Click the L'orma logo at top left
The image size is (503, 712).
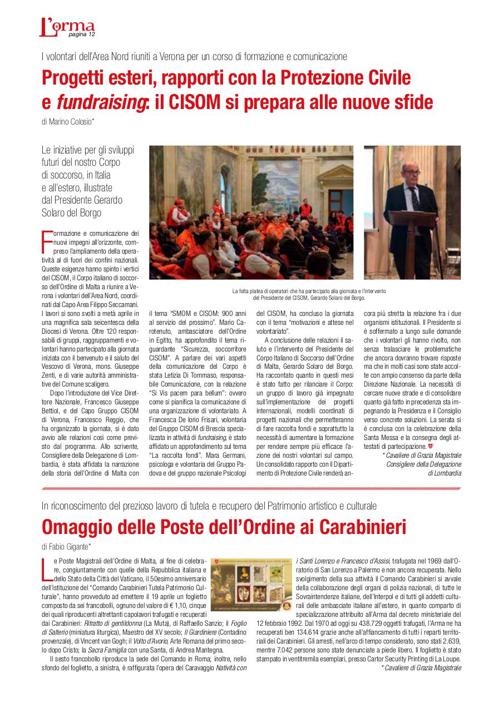[x=66, y=27]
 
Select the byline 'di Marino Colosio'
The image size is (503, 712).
[x=68, y=121]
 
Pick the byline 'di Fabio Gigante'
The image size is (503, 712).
[x=66, y=546]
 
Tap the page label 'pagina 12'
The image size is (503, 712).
[x=82, y=34]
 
